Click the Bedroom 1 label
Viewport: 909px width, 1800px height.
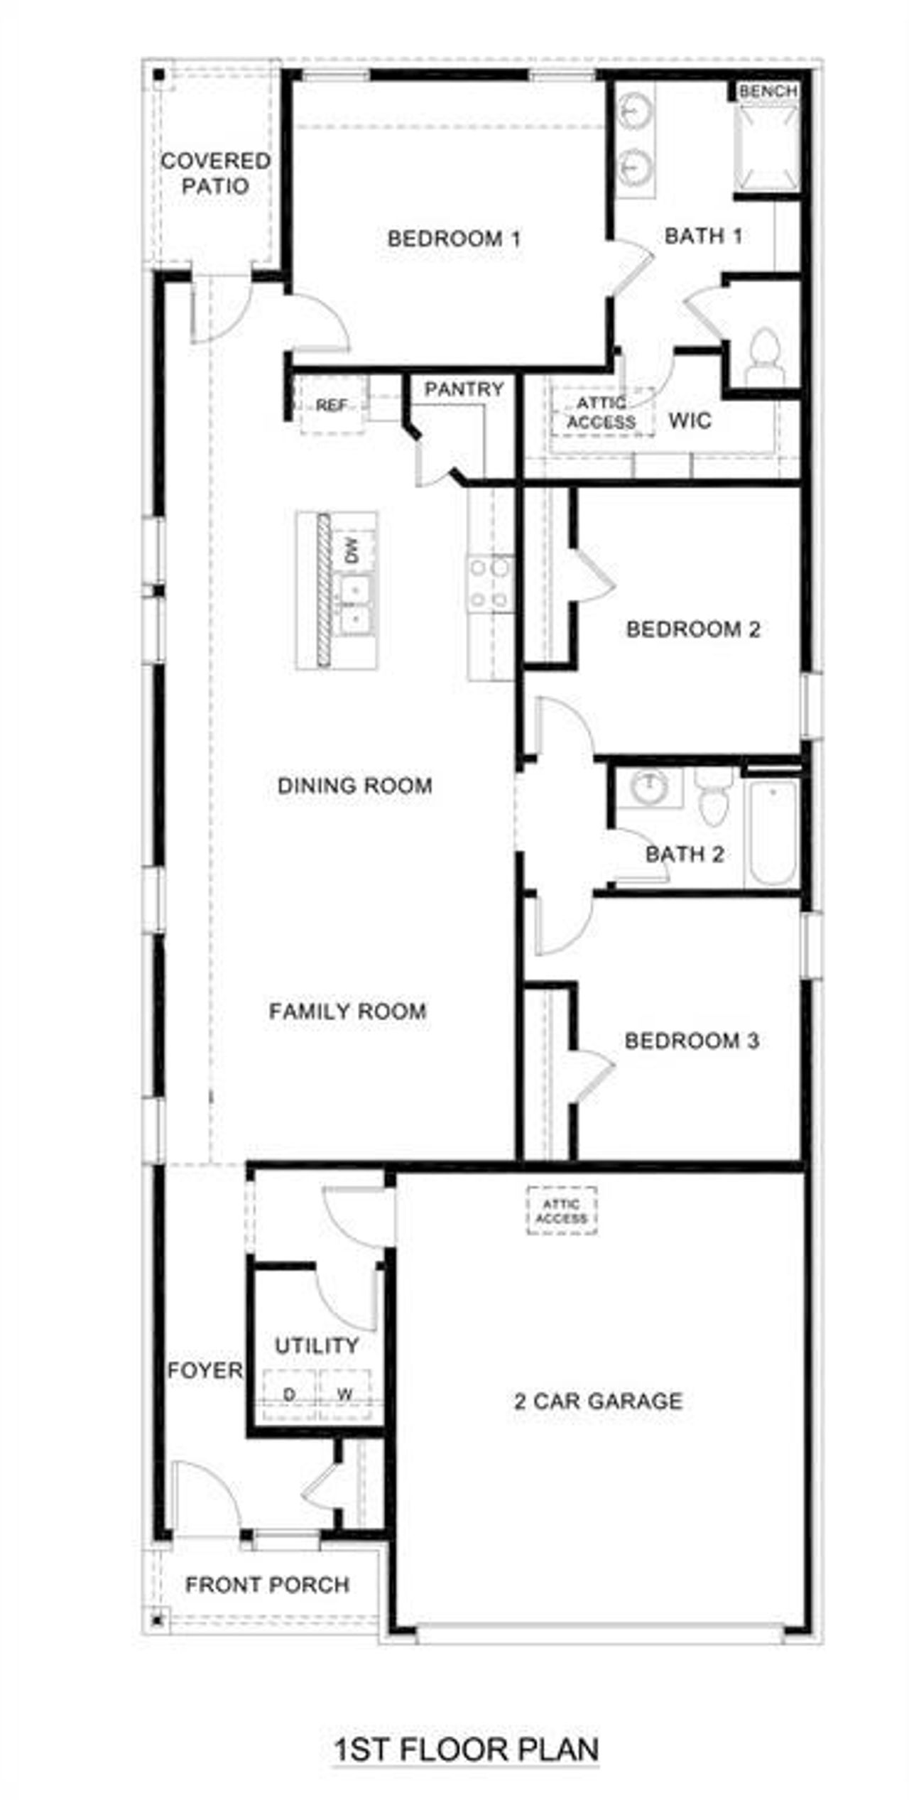(454, 239)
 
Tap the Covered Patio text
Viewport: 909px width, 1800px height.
(215, 173)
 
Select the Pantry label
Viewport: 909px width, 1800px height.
(464, 389)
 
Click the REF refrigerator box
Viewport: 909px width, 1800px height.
(332, 406)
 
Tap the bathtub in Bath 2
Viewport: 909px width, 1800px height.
(771, 832)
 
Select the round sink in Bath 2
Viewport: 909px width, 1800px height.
(648, 787)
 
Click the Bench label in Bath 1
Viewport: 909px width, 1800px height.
(768, 91)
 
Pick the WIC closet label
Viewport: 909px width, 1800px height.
(689, 421)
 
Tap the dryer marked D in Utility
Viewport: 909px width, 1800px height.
(289, 1394)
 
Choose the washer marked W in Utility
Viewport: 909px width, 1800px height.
(344, 1394)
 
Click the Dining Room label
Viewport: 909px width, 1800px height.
(354, 786)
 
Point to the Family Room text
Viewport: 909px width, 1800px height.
(347, 1012)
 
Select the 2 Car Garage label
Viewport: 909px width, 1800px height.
(598, 1401)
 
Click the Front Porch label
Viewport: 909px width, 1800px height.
(267, 1585)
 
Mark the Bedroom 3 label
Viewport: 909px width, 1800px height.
(692, 1041)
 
